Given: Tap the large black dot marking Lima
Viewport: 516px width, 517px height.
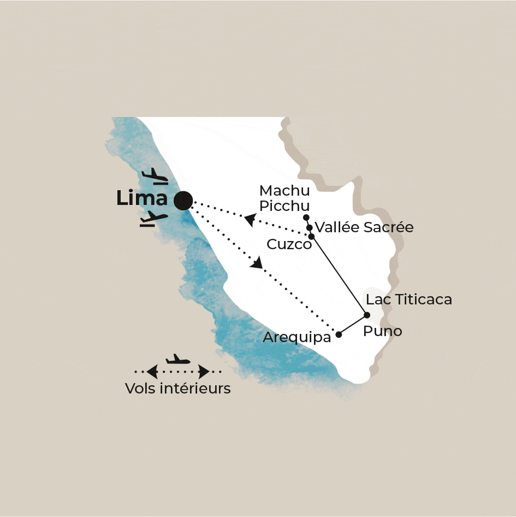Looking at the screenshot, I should (183, 201).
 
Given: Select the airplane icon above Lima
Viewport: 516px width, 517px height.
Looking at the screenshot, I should (155, 177).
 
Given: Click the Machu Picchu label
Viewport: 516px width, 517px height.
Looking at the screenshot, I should (284, 198).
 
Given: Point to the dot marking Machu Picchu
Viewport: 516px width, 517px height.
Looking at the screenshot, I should (306, 218).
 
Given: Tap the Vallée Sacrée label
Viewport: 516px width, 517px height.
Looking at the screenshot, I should (364, 227).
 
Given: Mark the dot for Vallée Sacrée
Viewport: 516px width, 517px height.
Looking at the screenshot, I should (310, 227).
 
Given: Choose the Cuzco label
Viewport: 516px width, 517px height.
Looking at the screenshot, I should (289, 244).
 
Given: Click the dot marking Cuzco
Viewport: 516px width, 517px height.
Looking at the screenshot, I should (312, 237).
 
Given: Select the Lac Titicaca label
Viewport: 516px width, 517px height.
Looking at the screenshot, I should (409, 299).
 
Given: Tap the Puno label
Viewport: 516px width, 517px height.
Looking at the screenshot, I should (383, 331).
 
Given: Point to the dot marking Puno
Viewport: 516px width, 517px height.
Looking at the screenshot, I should (367, 315).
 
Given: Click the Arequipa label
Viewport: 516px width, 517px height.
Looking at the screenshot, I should (297, 337).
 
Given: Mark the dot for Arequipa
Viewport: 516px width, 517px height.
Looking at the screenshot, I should (339, 334).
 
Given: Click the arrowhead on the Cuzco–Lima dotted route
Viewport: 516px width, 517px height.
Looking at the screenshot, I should (250, 220).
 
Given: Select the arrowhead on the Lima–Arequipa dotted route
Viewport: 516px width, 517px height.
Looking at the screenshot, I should (256, 263).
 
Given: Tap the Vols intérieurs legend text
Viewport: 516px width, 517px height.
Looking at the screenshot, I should (177, 389).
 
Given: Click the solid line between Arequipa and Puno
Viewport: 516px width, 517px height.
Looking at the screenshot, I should (353, 325).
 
